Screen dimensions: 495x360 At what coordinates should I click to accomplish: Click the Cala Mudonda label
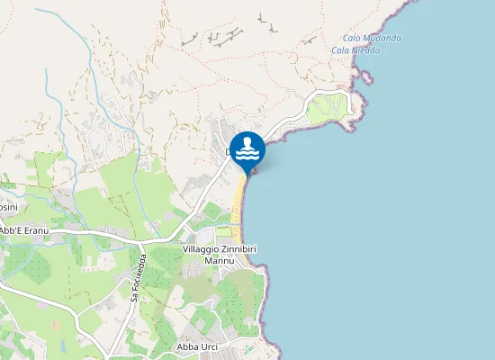372,38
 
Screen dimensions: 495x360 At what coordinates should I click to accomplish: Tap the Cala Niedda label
355,50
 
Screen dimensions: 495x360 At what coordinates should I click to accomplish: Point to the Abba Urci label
197,347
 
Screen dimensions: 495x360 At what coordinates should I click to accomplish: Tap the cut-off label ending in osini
7,207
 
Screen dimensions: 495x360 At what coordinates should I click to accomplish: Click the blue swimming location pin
247,149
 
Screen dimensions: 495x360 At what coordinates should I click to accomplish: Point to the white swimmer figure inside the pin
247,143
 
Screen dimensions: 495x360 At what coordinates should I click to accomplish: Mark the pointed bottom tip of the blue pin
247,174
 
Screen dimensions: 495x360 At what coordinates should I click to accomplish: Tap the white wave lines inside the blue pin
247,156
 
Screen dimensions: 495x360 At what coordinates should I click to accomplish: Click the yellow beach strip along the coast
240,211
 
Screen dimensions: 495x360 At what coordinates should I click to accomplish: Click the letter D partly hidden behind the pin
229,153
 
